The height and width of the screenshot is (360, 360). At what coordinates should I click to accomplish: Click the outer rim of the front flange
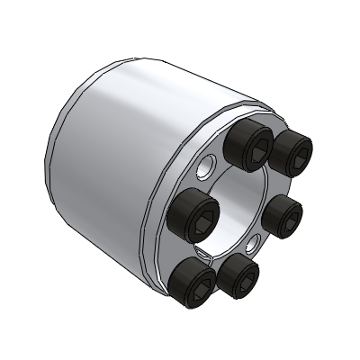[x=167, y=261]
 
